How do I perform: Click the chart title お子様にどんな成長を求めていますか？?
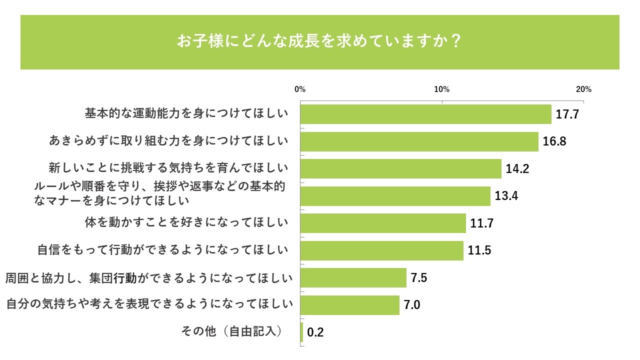(319, 41)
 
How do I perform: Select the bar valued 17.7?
(425, 114)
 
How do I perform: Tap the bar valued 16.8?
(419, 141)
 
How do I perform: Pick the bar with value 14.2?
(400, 168)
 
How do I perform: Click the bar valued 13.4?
(395, 196)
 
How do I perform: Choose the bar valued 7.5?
(353, 277)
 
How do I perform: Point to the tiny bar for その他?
(301, 332)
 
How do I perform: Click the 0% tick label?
(300, 89)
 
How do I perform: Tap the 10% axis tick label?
(442, 89)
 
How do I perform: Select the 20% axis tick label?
(583, 89)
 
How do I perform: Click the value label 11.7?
(482, 223)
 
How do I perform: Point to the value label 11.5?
(479, 250)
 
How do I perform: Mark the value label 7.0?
(411, 305)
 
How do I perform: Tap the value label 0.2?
(315, 332)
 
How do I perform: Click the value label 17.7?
(567, 114)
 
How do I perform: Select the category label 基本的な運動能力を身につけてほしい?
(186, 113)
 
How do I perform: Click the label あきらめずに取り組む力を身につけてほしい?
(169, 141)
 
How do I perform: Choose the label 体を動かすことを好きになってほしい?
(186, 222)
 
